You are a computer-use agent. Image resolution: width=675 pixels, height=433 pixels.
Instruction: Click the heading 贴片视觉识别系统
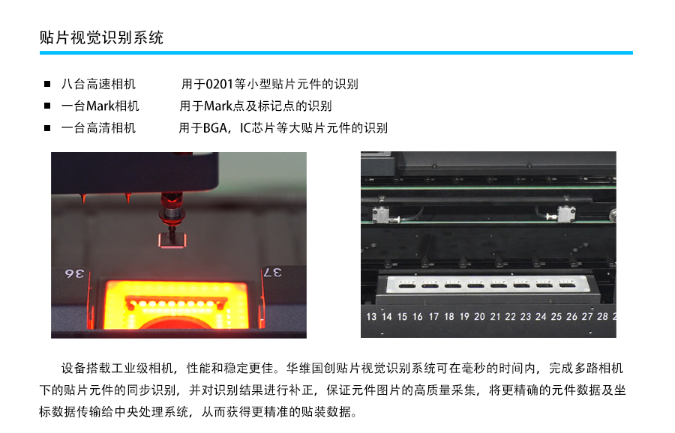(x=101, y=37)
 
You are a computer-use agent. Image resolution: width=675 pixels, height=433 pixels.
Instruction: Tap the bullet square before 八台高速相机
(x=47, y=84)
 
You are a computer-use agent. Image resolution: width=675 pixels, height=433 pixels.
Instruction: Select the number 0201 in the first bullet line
(x=220, y=84)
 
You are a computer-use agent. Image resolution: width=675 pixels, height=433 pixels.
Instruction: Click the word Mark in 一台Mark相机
(x=100, y=106)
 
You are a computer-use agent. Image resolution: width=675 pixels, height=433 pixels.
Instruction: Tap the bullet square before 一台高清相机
(x=47, y=127)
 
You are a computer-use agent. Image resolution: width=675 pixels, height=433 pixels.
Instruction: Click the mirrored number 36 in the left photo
(x=74, y=273)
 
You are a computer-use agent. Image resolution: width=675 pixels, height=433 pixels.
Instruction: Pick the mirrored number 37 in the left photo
(x=272, y=272)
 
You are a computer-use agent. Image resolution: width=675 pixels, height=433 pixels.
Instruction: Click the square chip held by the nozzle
(x=172, y=240)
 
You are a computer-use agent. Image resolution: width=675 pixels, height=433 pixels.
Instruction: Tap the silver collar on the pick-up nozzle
(x=171, y=213)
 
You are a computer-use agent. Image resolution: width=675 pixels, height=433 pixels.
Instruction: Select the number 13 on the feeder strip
(x=371, y=317)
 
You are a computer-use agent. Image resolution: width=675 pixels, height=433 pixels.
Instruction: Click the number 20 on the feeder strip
(x=479, y=317)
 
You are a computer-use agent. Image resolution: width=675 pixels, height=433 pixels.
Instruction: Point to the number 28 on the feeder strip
(x=602, y=316)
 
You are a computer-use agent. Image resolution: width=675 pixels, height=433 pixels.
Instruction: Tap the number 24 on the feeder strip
(x=541, y=317)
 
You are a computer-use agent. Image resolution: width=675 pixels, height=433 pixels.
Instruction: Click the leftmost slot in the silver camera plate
(x=406, y=285)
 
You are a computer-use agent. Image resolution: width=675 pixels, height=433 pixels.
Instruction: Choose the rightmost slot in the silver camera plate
(x=566, y=285)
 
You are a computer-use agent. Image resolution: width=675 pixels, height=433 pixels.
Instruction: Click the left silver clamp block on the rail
(x=382, y=214)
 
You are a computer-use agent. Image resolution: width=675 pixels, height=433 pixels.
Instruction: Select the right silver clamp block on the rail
(x=566, y=214)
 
